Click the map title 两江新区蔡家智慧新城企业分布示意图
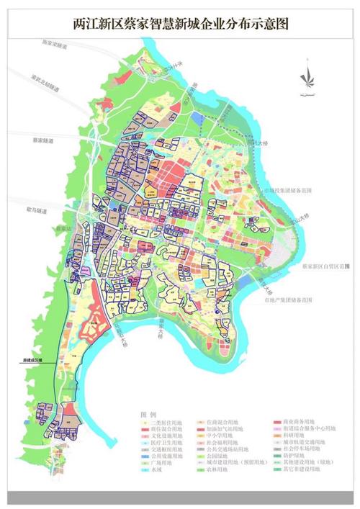tap(180, 24)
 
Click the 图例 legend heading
tap(148, 415)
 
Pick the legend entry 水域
tap(157, 469)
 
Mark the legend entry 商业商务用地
tap(299, 423)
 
